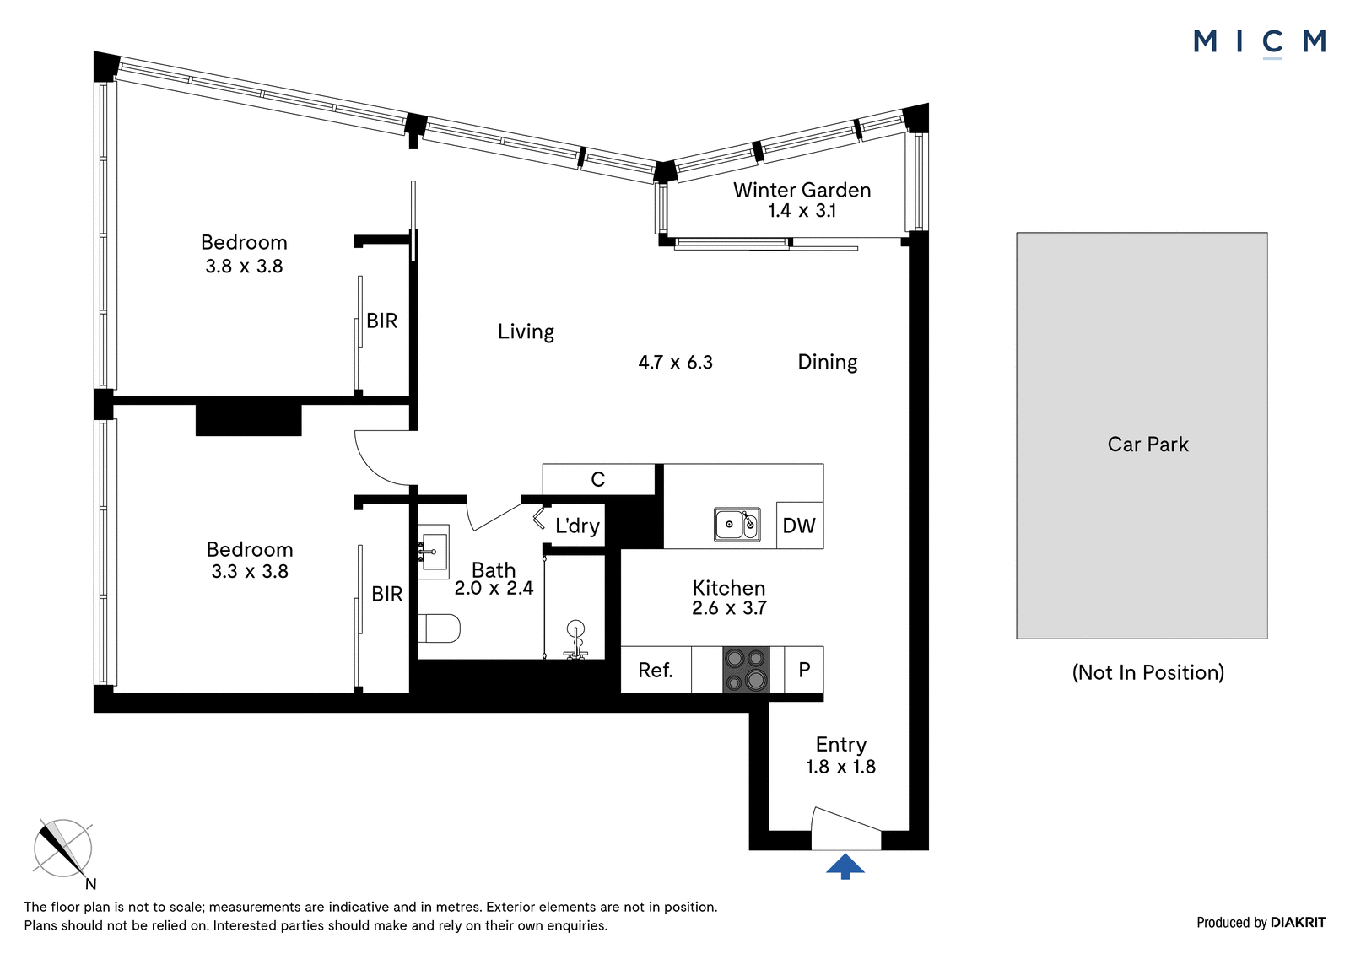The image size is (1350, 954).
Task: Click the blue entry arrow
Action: point(845,866)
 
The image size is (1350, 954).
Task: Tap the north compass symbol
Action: point(62,849)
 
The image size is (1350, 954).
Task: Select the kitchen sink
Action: point(737,525)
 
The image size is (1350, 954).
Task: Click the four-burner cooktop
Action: point(746,669)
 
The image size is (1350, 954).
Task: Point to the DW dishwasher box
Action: point(800,526)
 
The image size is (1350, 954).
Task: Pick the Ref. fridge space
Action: point(656,670)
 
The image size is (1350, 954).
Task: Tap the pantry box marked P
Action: point(804,670)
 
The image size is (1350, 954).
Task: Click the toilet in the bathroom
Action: point(439,628)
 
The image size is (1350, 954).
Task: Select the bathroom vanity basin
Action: point(434,552)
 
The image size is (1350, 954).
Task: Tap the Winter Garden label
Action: point(802,191)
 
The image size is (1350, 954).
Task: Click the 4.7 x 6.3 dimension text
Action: point(676,362)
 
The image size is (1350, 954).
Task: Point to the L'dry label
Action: point(577,526)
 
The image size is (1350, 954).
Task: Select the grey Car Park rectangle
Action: point(1142,436)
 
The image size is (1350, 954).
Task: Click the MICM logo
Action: point(1260,43)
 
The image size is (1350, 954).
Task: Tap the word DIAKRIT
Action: point(1299,923)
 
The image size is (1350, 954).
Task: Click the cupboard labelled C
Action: point(598,480)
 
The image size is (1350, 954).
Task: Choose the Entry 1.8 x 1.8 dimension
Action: point(840,767)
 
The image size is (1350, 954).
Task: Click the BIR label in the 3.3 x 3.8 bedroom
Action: point(387,594)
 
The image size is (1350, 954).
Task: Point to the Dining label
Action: point(828,362)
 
